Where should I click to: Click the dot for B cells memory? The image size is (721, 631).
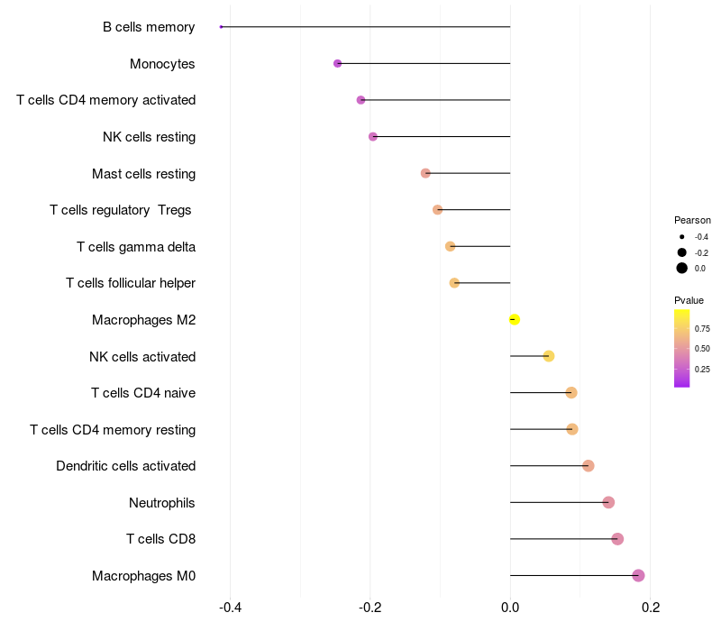pyautogui.click(x=221, y=27)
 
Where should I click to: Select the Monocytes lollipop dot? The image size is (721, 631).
pyautogui.click(x=338, y=63)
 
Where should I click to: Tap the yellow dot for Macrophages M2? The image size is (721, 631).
pyautogui.click(x=514, y=319)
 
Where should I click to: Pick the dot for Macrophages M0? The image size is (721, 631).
pyautogui.click(x=638, y=575)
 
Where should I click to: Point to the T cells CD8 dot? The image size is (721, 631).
pyautogui.click(x=617, y=539)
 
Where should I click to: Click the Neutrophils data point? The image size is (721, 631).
pyautogui.click(x=608, y=502)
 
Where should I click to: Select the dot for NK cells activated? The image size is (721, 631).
pyautogui.click(x=549, y=356)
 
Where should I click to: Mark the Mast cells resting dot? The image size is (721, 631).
pyautogui.click(x=425, y=173)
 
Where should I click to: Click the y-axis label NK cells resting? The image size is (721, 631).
pyautogui.click(x=149, y=137)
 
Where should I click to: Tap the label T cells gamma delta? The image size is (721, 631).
pyautogui.click(x=136, y=246)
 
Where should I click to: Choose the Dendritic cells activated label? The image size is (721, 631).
pyautogui.click(x=125, y=466)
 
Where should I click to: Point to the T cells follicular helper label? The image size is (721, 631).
pyautogui.click(x=131, y=283)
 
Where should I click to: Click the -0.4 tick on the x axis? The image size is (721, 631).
pyautogui.click(x=230, y=608)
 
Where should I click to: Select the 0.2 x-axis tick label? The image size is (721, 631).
pyautogui.click(x=651, y=608)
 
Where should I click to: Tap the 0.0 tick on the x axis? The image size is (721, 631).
pyautogui.click(x=510, y=608)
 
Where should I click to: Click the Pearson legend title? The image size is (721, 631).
pyautogui.click(x=692, y=220)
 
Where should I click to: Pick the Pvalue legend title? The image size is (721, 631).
pyautogui.click(x=689, y=300)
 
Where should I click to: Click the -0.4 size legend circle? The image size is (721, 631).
pyautogui.click(x=682, y=237)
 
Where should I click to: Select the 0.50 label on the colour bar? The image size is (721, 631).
pyautogui.click(x=702, y=348)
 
